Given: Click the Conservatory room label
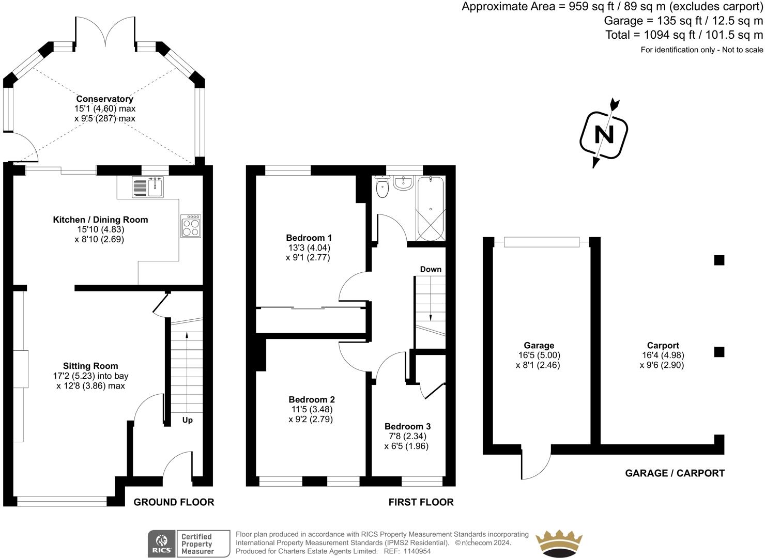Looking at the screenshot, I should click(104, 99).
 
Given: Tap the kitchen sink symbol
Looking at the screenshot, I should click(148, 187).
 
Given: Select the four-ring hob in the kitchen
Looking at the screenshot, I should click(191, 226).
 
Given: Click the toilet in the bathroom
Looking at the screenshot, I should click(382, 187).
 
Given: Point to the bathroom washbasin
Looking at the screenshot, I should click(403, 183).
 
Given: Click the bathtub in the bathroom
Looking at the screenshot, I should click(430, 209).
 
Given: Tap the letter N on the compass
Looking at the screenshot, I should click(604, 134).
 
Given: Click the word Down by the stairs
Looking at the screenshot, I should click(431, 269).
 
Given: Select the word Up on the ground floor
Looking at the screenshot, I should click(187, 420).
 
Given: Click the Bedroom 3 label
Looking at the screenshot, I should click(407, 426).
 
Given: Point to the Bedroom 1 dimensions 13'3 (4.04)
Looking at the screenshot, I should click(309, 247).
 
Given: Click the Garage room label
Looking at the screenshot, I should click(539, 345).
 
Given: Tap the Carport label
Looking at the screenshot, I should click(663, 345).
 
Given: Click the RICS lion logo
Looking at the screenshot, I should click(161, 544).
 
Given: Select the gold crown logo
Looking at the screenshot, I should click(558, 543).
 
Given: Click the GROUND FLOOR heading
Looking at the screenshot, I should click(174, 502).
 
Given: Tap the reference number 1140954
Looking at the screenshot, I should click(417, 551).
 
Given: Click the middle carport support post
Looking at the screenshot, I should click(718, 352).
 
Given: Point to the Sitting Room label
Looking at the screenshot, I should click(90, 366).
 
